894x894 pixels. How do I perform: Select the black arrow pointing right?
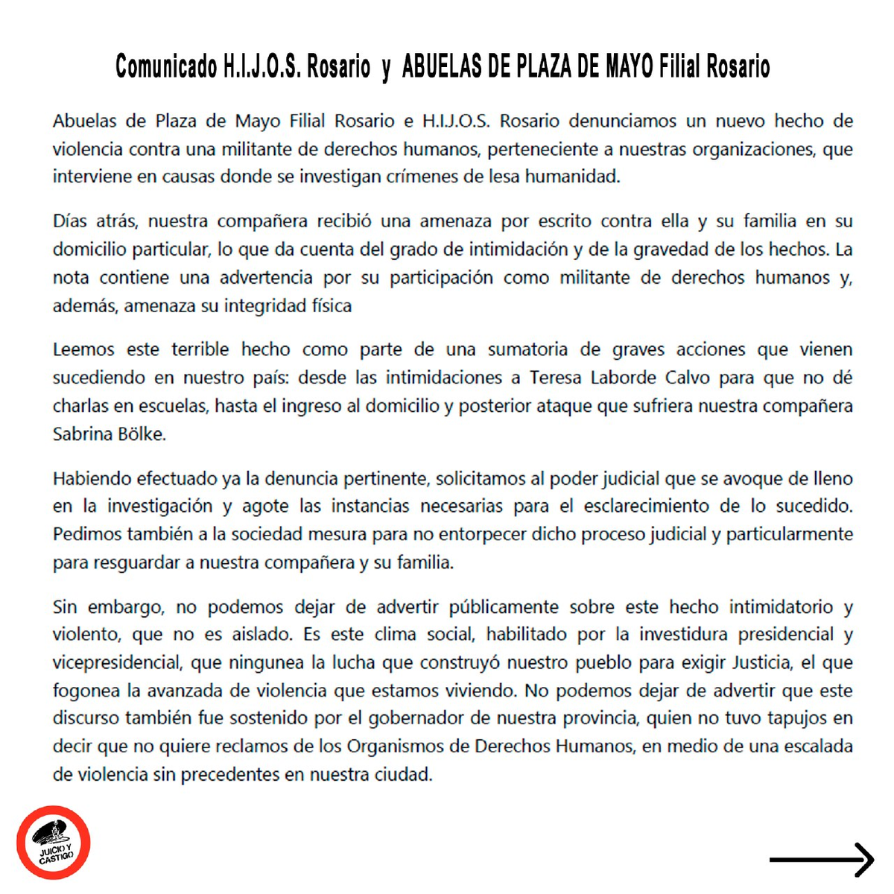821,860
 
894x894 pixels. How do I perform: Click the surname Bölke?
141,434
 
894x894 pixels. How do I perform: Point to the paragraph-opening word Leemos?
83,349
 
